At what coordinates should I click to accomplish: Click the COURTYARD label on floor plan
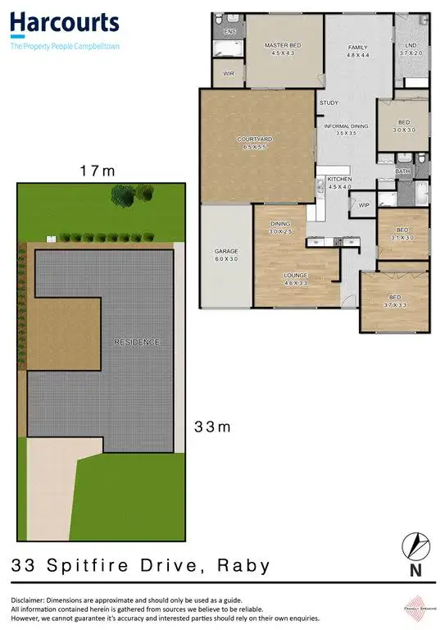click(254, 139)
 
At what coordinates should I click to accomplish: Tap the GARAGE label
click(225, 250)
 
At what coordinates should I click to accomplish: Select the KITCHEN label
click(339, 179)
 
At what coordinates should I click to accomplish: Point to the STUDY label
click(329, 103)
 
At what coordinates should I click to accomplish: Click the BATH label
click(402, 171)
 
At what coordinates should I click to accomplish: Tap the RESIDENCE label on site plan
click(136, 341)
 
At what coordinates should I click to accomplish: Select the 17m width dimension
click(96, 171)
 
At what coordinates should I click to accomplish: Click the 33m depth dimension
click(210, 427)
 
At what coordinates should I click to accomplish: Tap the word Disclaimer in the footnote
click(30, 600)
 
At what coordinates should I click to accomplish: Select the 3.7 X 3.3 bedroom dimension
click(394, 304)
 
